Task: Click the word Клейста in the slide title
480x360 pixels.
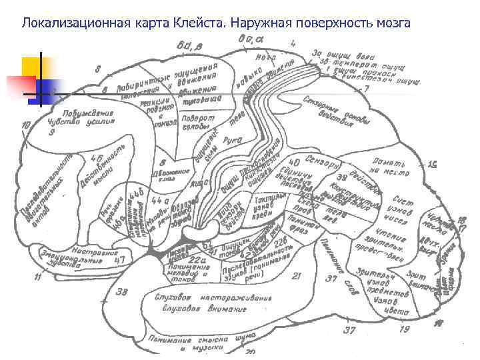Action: [x=201, y=24]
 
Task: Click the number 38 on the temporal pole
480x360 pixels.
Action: [x=122, y=292]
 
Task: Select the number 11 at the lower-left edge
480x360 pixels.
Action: [x=38, y=277]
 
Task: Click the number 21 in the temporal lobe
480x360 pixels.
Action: [x=297, y=275]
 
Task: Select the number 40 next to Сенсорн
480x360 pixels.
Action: [x=294, y=162]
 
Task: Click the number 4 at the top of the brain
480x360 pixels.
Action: [x=294, y=43]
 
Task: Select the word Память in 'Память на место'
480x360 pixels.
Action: [x=387, y=162]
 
